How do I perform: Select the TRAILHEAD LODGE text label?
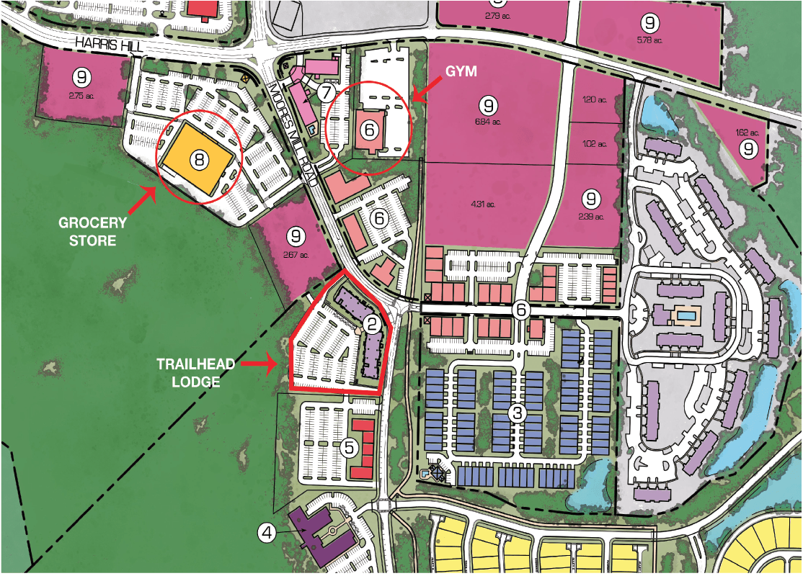pos(196,373)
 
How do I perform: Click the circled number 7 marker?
pos(326,92)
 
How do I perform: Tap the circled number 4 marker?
pos(267,534)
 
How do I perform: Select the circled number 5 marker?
pos(350,448)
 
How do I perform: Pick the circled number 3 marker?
pos(517,413)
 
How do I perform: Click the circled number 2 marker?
pos(372,324)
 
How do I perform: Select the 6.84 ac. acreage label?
pos(488,122)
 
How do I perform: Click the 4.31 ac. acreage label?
pos(488,204)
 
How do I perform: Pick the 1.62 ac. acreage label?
pos(749,132)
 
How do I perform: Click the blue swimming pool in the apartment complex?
pos(686,316)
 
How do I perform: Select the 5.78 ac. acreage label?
pos(651,40)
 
